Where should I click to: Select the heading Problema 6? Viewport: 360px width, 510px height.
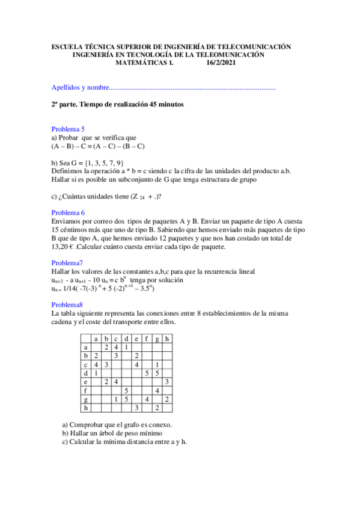(x=68, y=213)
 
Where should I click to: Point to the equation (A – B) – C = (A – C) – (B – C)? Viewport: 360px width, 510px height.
(x=98, y=146)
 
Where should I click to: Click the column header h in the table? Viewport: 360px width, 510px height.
(x=166, y=339)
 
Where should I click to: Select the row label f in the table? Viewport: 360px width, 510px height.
(x=86, y=390)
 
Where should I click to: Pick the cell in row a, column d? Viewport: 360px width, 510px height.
(x=126, y=347)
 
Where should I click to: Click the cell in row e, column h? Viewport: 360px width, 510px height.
(x=166, y=382)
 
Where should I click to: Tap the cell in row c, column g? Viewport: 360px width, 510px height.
(x=157, y=364)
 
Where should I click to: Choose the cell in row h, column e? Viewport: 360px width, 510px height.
(x=136, y=408)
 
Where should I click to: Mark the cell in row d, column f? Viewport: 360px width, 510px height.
(x=147, y=373)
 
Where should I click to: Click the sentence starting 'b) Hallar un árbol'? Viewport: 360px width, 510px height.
(x=109, y=432)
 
